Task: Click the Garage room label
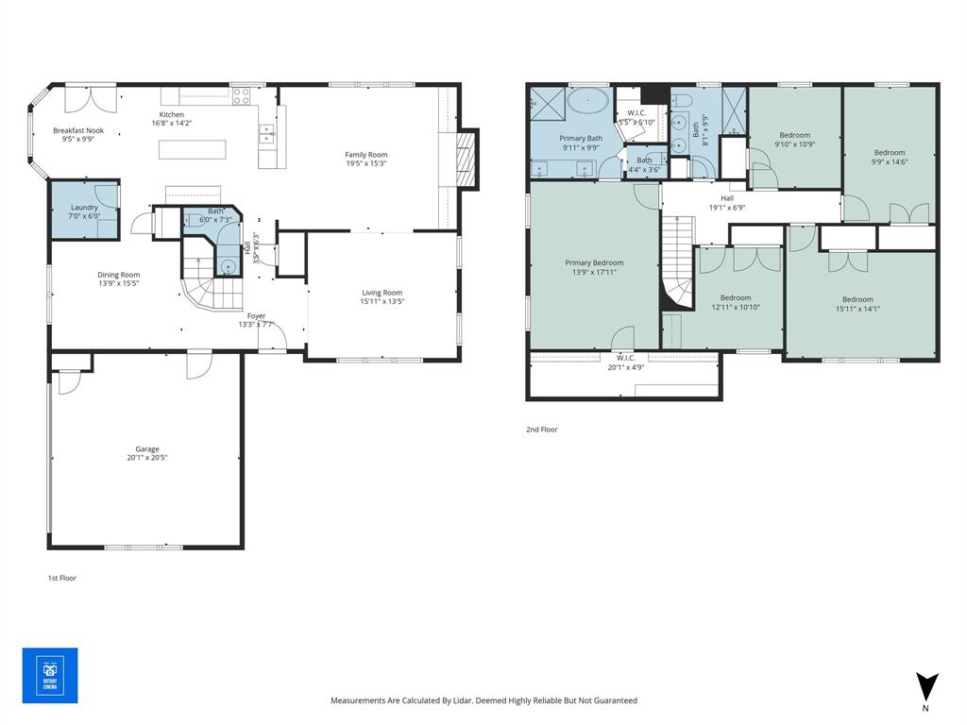(x=146, y=449)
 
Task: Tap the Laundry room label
(x=85, y=207)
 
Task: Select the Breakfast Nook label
(x=78, y=130)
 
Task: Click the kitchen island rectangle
(x=193, y=149)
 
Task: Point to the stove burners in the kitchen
(x=241, y=95)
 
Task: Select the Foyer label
(x=256, y=316)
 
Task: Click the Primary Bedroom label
(x=594, y=263)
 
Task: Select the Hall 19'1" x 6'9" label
(x=727, y=203)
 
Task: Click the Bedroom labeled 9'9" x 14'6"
(x=889, y=153)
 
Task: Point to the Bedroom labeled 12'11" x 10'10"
(x=736, y=298)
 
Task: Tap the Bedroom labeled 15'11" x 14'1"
(x=857, y=299)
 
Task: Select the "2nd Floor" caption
(x=542, y=430)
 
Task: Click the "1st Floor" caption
(x=62, y=578)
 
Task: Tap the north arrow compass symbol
(x=926, y=686)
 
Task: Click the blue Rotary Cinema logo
(x=50, y=676)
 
